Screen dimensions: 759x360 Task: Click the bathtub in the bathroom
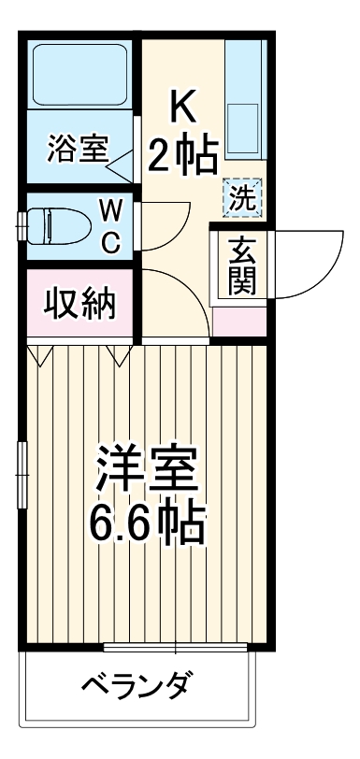click(x=79, y=76)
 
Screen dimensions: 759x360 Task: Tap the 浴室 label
click(x=79, y=149)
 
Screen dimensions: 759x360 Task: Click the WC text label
click(x=110, y=226)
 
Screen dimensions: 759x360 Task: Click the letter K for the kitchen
click(x=183, y=107)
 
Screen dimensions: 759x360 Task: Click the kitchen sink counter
click(x=247, y=103)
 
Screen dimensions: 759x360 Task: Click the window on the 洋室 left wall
click(x=22, y=476)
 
